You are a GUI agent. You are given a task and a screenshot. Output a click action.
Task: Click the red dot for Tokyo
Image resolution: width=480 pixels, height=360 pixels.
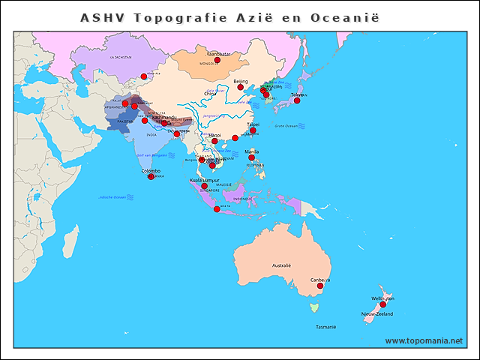click(297, 100)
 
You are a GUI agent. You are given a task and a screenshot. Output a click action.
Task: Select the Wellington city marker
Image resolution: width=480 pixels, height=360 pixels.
click(382, 304)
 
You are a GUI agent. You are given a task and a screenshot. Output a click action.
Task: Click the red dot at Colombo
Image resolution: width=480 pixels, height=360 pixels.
click(151, 176)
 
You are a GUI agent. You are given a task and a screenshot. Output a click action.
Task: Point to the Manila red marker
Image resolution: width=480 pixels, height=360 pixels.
click(252, 157)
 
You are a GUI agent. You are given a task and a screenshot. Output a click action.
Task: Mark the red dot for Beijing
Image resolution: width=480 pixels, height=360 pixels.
click(241, 87)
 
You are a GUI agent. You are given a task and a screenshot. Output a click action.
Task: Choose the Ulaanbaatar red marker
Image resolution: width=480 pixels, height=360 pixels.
click(217, 60)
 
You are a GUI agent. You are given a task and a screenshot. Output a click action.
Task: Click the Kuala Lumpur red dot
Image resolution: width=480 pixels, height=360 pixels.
click(204, 186)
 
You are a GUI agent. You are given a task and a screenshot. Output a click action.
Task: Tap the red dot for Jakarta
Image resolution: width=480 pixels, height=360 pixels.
click(217, 208)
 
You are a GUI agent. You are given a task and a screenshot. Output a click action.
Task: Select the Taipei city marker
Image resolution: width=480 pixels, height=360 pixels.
click(253, 130)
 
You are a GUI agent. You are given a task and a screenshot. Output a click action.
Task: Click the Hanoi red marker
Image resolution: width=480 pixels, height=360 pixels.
click(215, 141)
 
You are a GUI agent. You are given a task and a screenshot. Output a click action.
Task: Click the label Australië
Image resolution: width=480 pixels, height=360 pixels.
click(281, 265)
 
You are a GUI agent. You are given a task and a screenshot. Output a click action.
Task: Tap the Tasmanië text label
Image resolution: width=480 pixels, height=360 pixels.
click(325, 327)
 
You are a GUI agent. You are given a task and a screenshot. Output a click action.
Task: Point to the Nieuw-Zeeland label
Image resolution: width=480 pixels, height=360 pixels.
click(376, 313)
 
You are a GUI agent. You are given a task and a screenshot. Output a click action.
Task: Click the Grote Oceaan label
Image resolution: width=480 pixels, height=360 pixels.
click(286, 125)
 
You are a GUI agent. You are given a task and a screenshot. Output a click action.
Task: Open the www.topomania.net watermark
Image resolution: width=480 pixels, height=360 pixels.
click(424, 340)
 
